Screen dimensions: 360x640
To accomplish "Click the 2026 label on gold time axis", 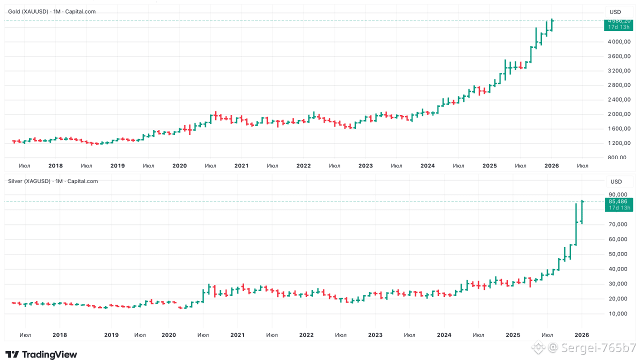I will click(551, 165).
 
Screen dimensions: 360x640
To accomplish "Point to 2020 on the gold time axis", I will click(179, 165).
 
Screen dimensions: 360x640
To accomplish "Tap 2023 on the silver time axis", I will click(375, 335).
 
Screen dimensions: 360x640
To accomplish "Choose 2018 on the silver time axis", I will click(59, 335).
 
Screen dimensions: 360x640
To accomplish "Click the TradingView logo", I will click(41, 354).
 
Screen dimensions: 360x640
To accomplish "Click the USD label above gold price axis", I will click(615, 12).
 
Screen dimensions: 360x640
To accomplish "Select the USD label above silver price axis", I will click(616, 181).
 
